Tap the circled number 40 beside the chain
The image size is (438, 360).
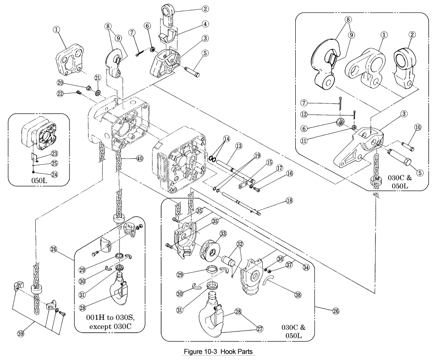(140, 158)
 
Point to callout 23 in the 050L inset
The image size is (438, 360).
(54, 152)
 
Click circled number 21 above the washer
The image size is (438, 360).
(98, 78)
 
